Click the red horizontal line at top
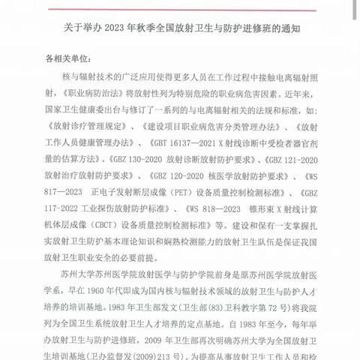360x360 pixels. tap(180, 2)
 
